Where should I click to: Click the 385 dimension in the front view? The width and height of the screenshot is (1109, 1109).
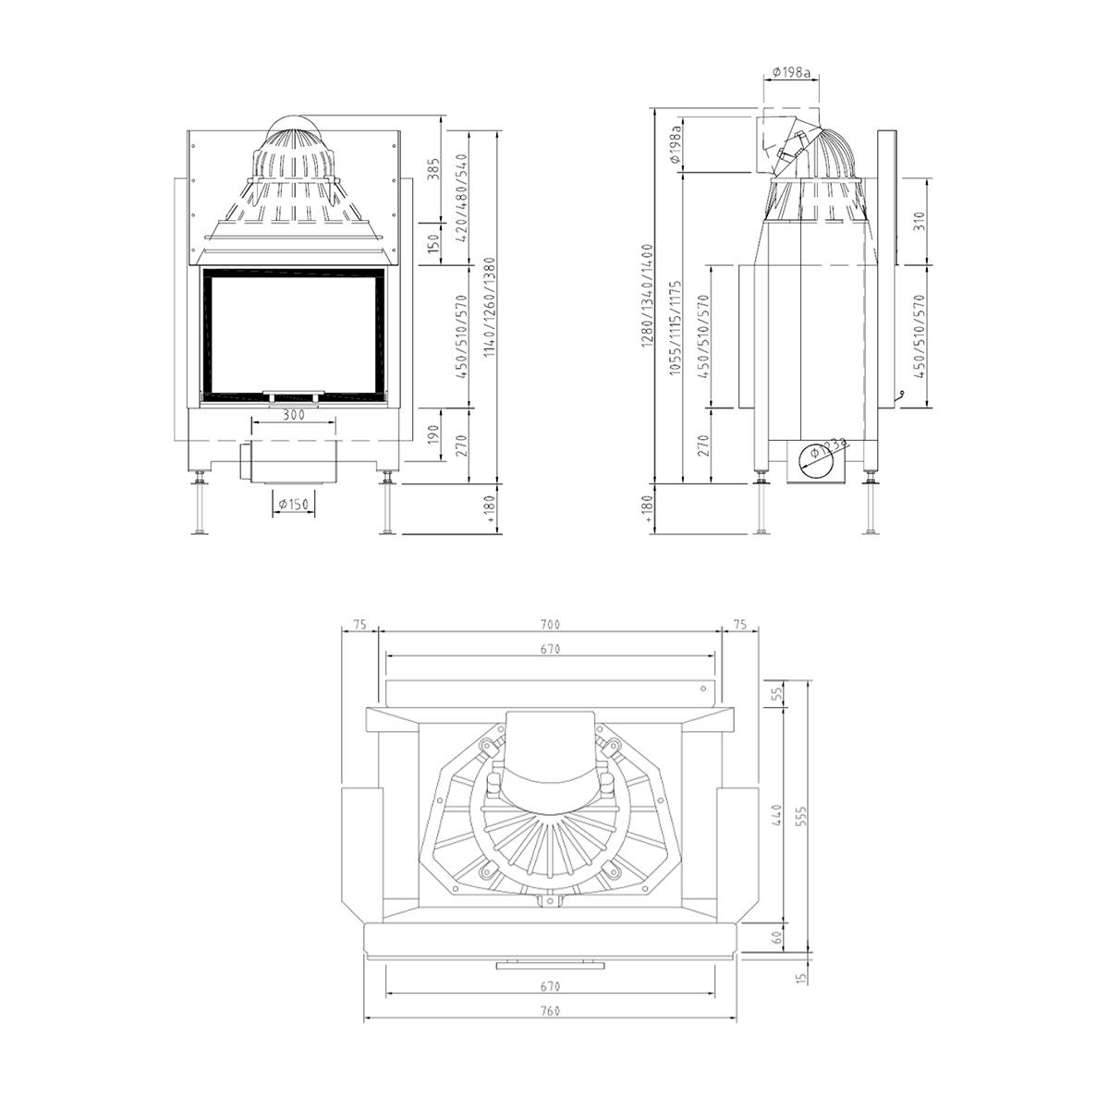(x=435, y=168)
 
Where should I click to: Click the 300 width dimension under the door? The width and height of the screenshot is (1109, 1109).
(x=294, y=415)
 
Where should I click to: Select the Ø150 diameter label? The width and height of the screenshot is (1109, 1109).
(x=294, y=505)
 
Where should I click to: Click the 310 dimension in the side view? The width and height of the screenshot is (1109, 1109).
(x=919, y=222)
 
